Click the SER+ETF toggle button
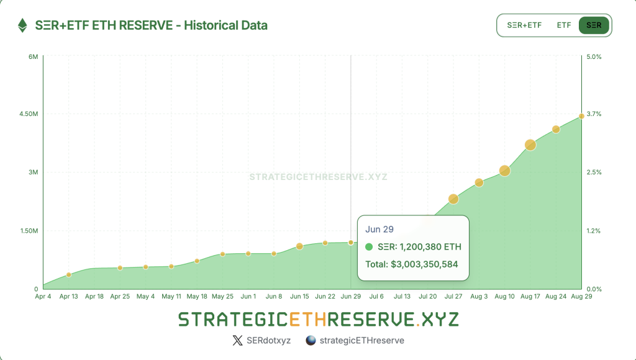point(524,25)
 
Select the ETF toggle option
point(563,25)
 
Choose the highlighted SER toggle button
point(594,25)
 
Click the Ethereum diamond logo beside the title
point(22,25)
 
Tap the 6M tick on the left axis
point(34,56)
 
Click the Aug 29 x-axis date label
point(581,297)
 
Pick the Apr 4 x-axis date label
point(43,297)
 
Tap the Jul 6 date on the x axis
point(376,297)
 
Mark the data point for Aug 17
point(530,145)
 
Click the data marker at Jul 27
point(453,199)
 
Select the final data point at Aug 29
point(581,116)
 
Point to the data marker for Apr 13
point(69,274)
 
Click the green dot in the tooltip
point(369,247)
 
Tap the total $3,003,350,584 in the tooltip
point(412,264)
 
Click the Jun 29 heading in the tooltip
point(379,230)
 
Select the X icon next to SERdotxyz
point(237,340)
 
